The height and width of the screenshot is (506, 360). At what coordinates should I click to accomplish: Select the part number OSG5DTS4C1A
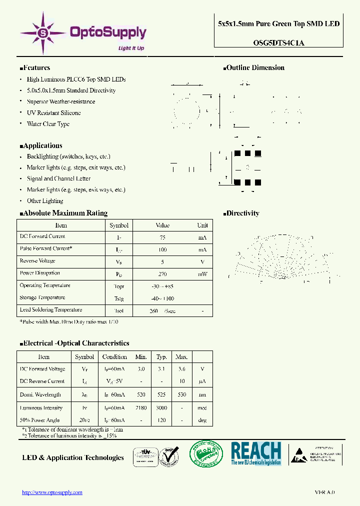coord(278,43)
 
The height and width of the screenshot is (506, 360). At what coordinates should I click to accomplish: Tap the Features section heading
coord(35,68)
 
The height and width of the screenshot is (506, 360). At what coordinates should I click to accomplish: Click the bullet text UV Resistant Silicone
coord(53,113)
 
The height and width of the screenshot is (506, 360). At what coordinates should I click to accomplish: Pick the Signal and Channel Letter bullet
coord(58,178)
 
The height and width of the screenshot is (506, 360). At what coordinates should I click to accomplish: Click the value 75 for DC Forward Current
coord(162,237)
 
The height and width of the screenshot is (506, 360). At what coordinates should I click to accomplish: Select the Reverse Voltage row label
coord(37,261)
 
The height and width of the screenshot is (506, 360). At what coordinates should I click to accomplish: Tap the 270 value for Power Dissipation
coord(162,274)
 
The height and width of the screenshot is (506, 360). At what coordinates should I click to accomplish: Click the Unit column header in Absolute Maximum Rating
coord(202,225)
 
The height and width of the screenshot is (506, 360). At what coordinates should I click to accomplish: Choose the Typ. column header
coord(161,357)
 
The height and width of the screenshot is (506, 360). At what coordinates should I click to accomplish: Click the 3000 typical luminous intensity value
coord(161,408)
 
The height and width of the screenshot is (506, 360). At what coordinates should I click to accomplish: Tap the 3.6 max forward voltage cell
coord(181,369)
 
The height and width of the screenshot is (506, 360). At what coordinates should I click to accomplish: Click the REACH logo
coord(256,453)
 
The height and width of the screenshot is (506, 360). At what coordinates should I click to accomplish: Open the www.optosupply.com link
coord(52,492)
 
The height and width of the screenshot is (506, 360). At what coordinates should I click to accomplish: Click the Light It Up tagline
coord(131,48)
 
